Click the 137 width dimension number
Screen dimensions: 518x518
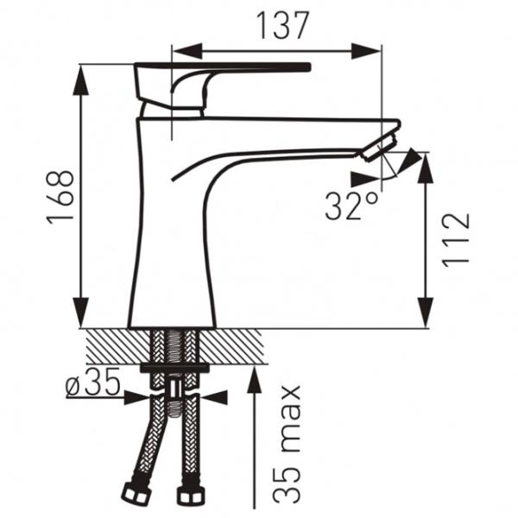pyautogui.click(x=282, y=25)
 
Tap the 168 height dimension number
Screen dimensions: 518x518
pyautogui.click(x=60, y=198)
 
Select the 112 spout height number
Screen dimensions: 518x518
pyautogui.click(x=456, y=239)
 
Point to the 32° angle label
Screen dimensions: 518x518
pyautogui.click(x=351, y=206)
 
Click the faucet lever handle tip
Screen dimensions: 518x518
pyautogui.click(x=309, y=66)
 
